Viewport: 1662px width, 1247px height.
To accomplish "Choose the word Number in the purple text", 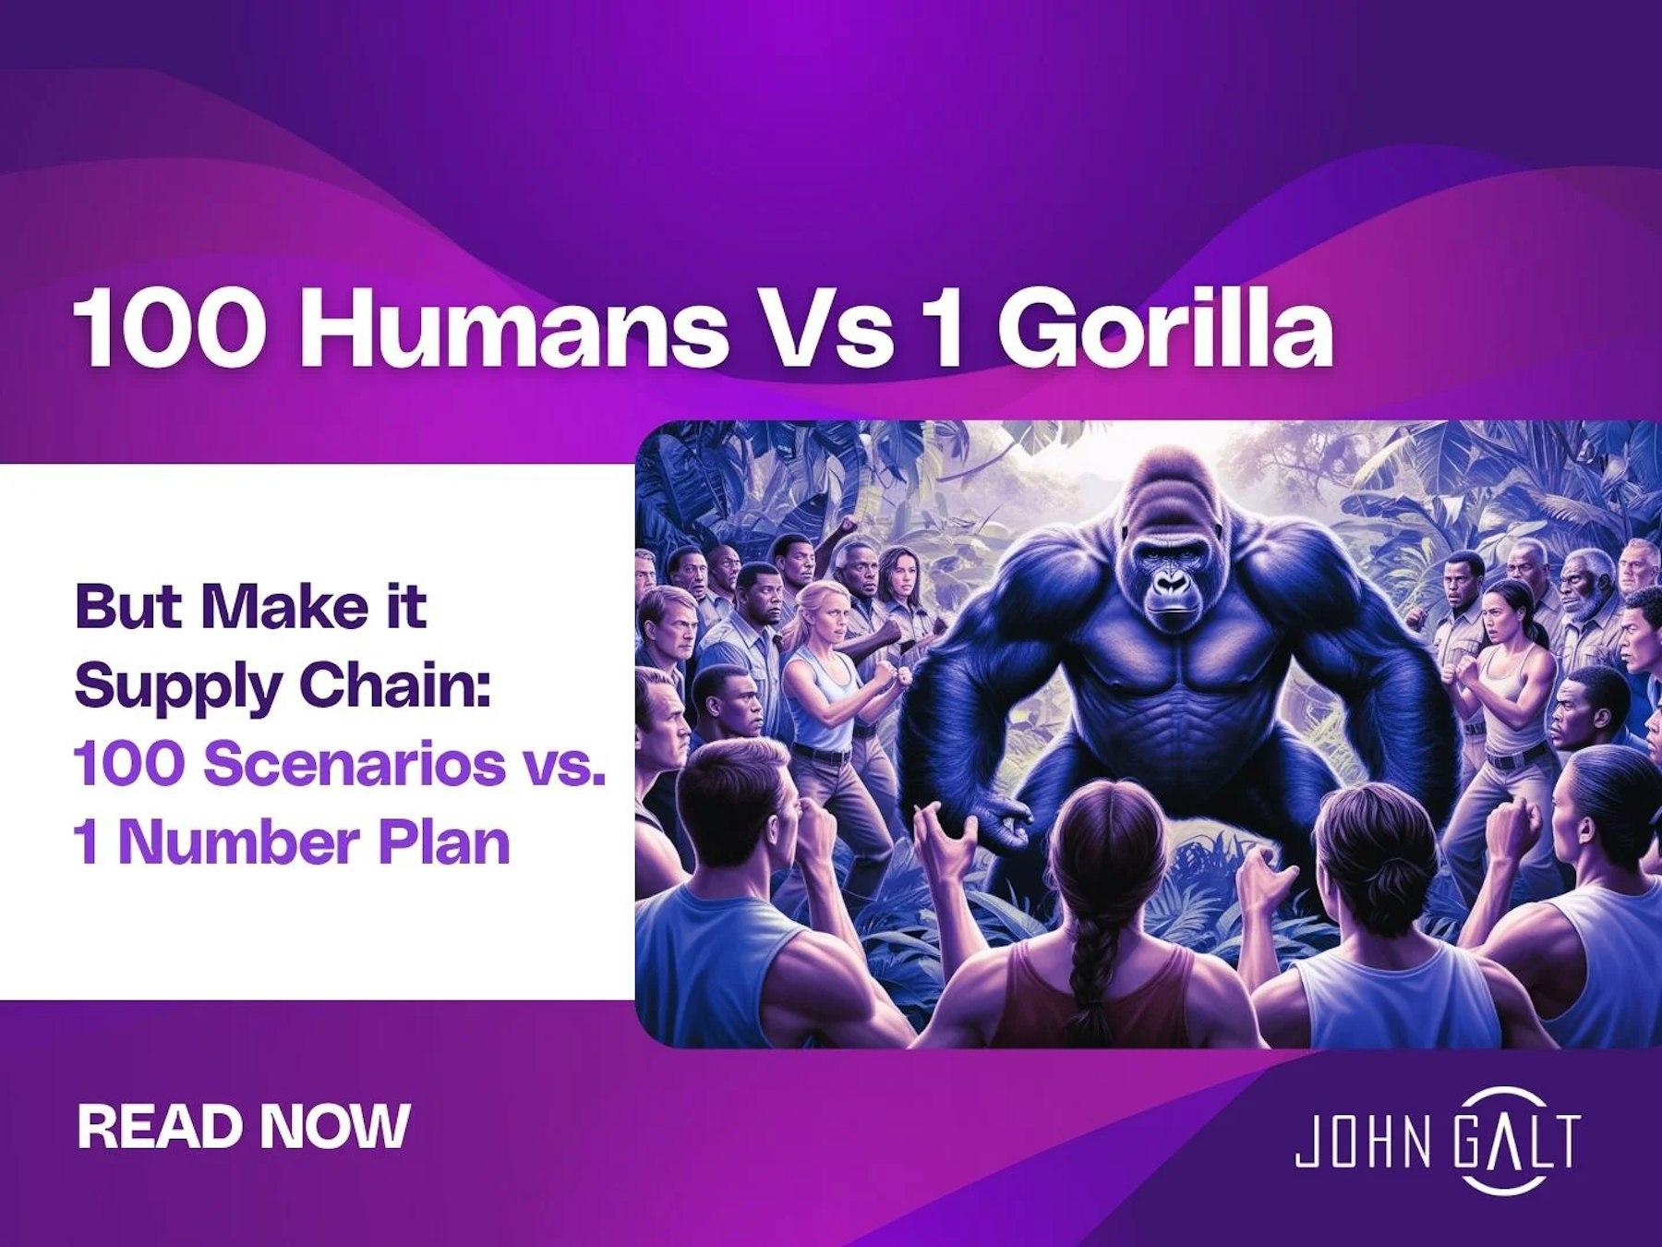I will pos(237,842).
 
